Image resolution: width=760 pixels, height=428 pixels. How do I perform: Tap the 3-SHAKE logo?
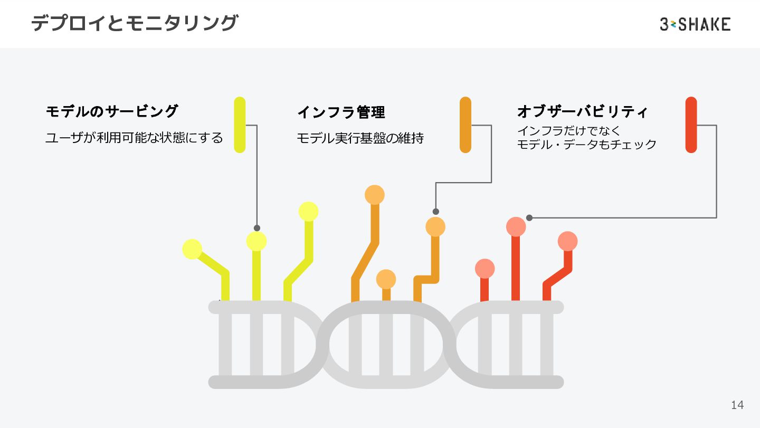coord(695,24)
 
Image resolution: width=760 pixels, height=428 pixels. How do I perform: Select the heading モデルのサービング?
coord(112,111)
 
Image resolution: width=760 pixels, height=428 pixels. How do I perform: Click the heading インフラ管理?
coord(341,112)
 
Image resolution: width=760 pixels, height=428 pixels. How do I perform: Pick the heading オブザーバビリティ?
coord(582,111)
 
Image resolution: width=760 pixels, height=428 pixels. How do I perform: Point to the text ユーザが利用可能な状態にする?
coord(134,138)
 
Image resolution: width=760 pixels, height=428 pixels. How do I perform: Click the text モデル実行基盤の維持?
coord(360,138)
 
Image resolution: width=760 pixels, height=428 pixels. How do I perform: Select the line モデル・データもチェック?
coord(587,145)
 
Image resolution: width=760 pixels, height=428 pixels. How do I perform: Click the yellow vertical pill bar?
coord(240,125)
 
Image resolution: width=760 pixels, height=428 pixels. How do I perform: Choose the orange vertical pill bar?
coord(465,125)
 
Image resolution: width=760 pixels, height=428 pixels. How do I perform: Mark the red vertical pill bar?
coord(691,125)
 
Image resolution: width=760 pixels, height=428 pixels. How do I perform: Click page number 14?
coord(737,405)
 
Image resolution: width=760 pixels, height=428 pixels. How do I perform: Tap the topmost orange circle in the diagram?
coord(375,195)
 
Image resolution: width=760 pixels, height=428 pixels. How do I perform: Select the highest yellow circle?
coord(308,212)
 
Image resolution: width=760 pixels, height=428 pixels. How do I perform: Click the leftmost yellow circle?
coord(192,249)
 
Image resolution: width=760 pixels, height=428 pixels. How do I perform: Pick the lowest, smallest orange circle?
coord(386,279)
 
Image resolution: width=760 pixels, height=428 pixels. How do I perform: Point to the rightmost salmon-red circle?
coord(568,241)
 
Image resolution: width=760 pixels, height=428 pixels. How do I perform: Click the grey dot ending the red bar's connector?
coord(529,217)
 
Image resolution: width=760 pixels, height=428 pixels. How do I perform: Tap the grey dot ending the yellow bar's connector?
coord(257,228)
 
